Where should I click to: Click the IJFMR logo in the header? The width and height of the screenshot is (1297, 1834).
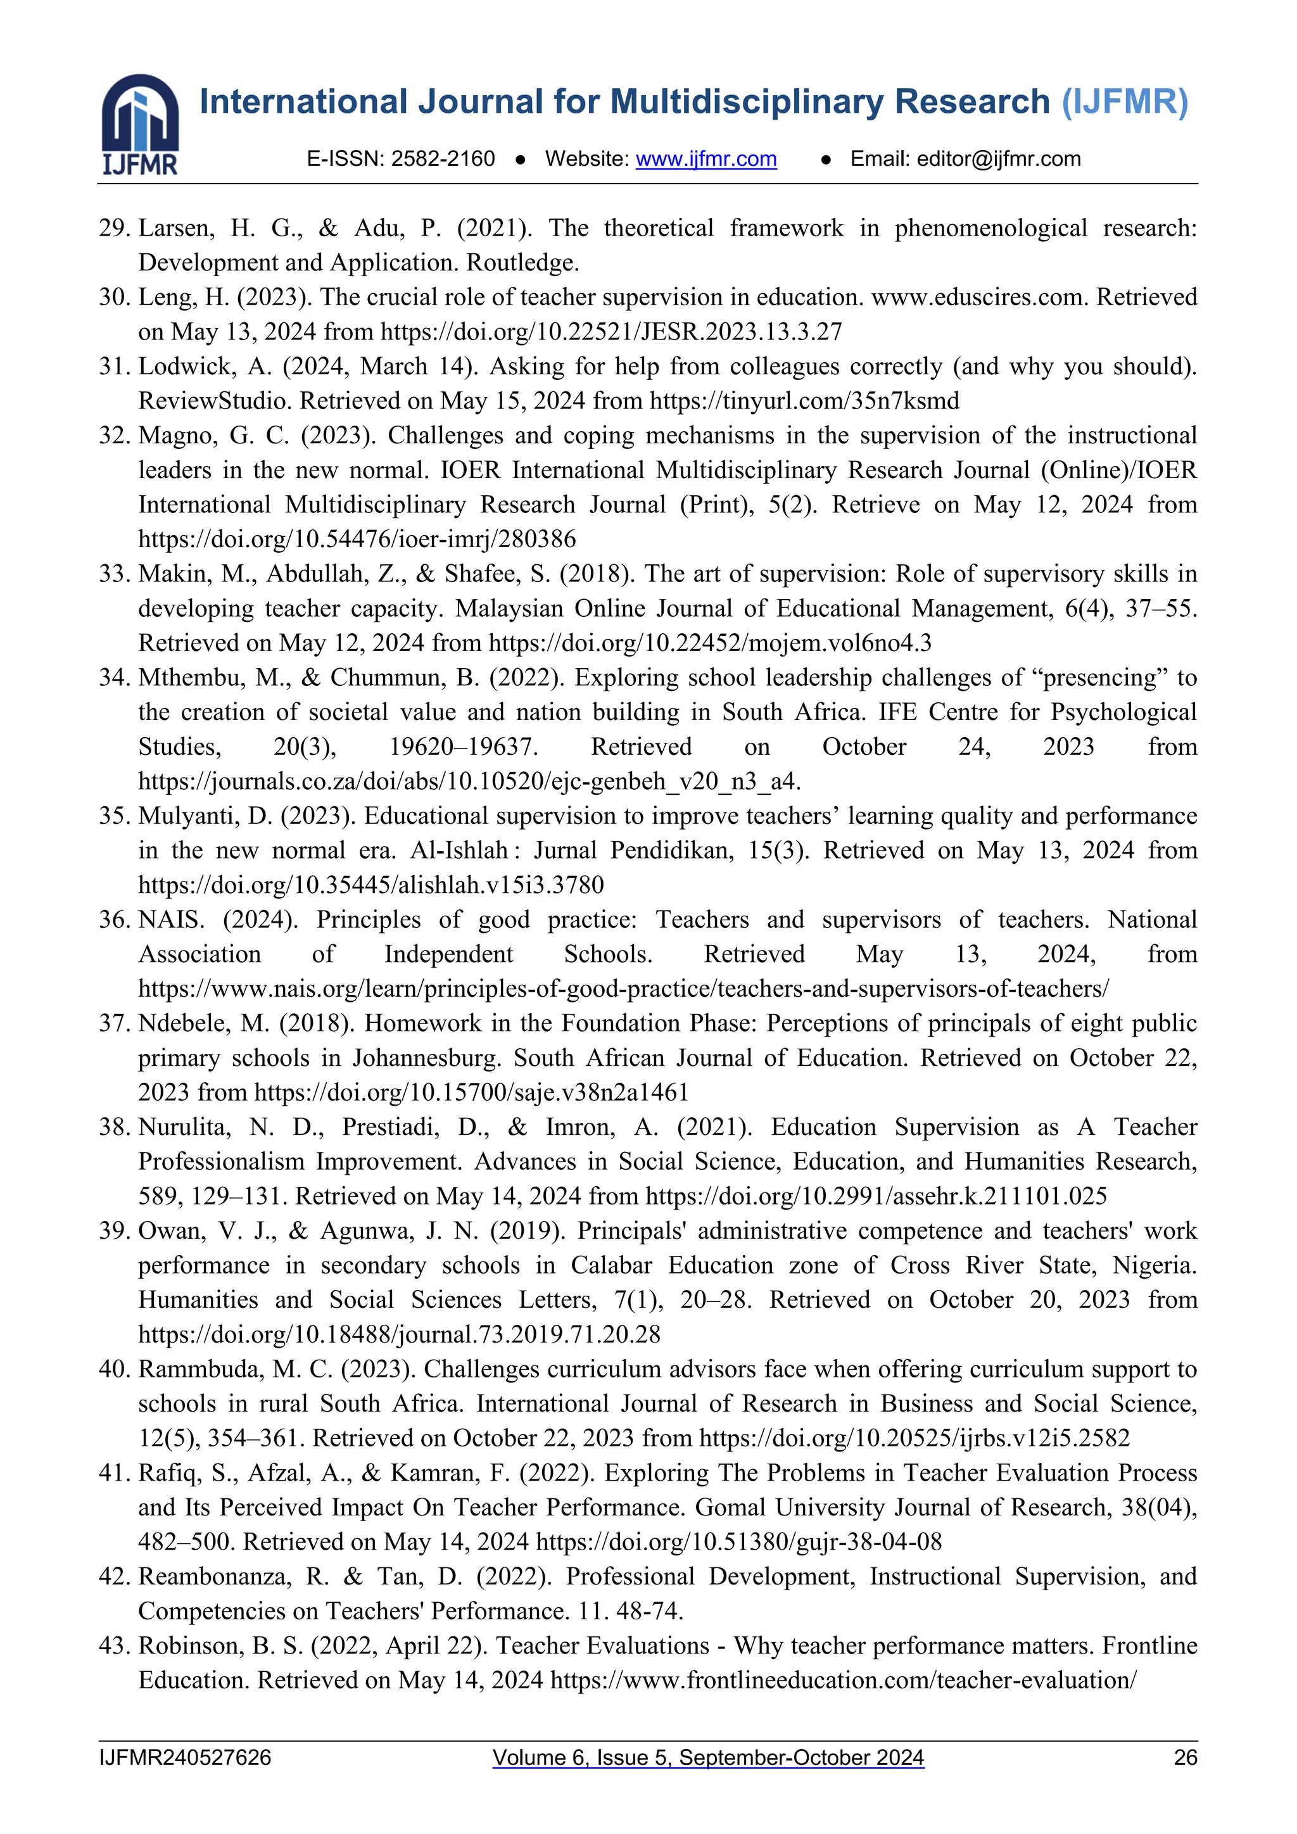coord(140,124)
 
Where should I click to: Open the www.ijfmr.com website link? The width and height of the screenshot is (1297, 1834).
coord(706,159)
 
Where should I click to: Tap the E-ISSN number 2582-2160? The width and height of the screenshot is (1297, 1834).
coord(443,159)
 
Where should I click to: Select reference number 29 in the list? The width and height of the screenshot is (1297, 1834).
coord(114,229)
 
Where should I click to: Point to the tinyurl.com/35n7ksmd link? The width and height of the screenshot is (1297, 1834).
coord(804,401)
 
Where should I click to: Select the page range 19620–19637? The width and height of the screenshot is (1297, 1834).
coord(463,747)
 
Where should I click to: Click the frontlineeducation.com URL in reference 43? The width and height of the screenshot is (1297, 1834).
coord(842,1680)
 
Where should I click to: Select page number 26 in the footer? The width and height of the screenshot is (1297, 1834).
coord(1185,1757)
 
